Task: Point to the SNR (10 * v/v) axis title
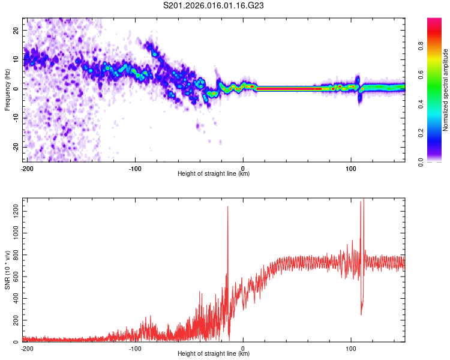pyautogui.click(x=7, y=270)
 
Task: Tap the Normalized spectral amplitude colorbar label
pyautogui.click(x=445, y=89)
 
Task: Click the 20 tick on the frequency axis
pyautogui.click(x=16, y=30)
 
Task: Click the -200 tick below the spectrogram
pyautogui.click(x=26, y=169)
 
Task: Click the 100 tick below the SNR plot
pyautogui.click(x=351, y=348)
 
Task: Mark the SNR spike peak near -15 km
pyautogui.click(x=228, y=207)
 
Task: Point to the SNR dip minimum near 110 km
pyautogui.click(x=361, y=314)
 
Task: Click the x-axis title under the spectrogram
pyautogui.click(x=214, y=174)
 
